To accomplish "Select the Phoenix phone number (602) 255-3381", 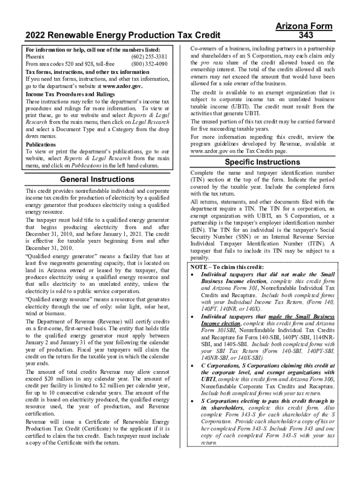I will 150,57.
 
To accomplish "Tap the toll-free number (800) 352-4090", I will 150,64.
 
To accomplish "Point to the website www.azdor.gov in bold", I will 122,87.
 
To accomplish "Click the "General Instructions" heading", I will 97,180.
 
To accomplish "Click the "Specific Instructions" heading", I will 262,162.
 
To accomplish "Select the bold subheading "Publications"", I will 41,145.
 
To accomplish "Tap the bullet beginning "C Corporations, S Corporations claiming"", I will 267,365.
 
